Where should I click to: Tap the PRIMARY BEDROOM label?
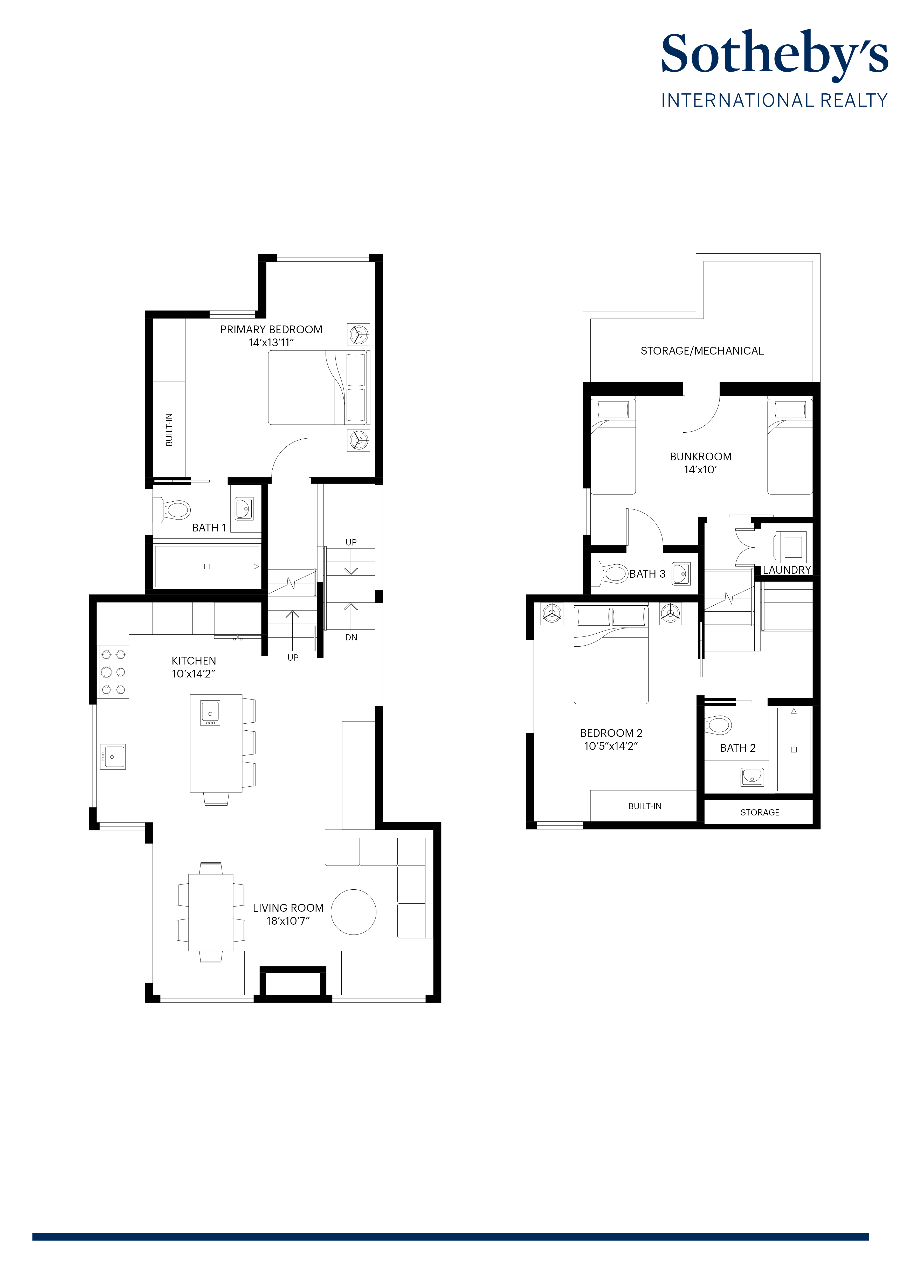pyautogui.click(x=271, y=330)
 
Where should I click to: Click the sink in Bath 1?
pyautogui.click(x=244, y=508)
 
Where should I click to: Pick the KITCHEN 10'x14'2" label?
pyautogui.click(x=194, y=667)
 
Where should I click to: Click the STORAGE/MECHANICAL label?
pyautogui.click(x=702, y=351)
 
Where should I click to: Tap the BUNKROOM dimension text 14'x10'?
pyautogui.click(x=700, y=470)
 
